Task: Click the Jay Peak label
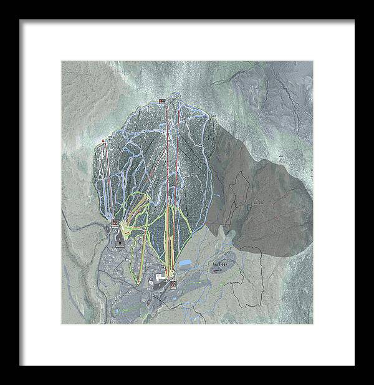[219, 264]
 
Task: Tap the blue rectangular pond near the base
[186, 264]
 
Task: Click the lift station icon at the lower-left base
[115, 222]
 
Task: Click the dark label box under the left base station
[116, 228]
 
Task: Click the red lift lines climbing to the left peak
[107, 181]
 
